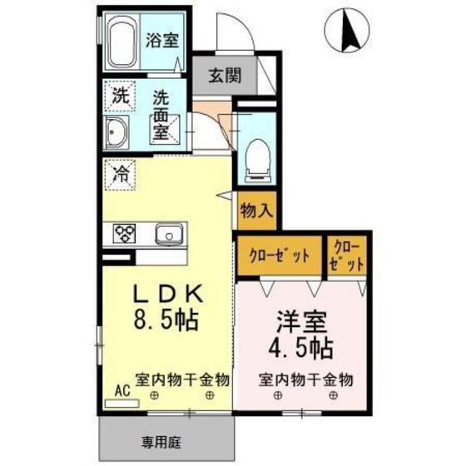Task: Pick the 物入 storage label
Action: (255, 211)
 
